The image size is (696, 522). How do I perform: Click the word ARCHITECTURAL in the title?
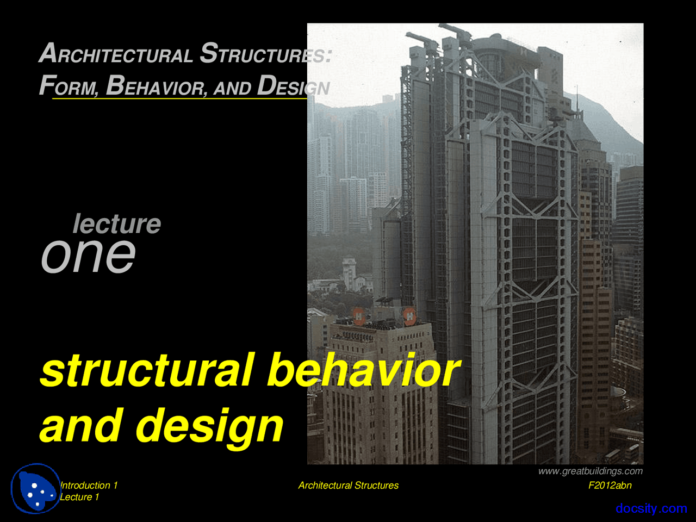tap(116, 54)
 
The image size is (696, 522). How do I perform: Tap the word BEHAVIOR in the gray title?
tap(157, 86)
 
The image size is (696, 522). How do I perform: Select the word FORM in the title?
tap(69, 86)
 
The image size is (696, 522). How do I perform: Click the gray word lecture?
tap(117, 223)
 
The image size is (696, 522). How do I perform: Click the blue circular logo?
tap(36, 488)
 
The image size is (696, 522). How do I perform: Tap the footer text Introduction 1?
tap(89, 485)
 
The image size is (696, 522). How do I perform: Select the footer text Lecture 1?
tap(79, 497)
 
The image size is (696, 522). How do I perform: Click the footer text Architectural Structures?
tap(348, 485)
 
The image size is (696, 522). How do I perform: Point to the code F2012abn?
tap(610, 485)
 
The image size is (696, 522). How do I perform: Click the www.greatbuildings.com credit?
tap(590, 471)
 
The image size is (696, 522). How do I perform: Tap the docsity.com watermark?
tap(651, 508)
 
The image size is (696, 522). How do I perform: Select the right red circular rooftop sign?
tap(409, 315)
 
